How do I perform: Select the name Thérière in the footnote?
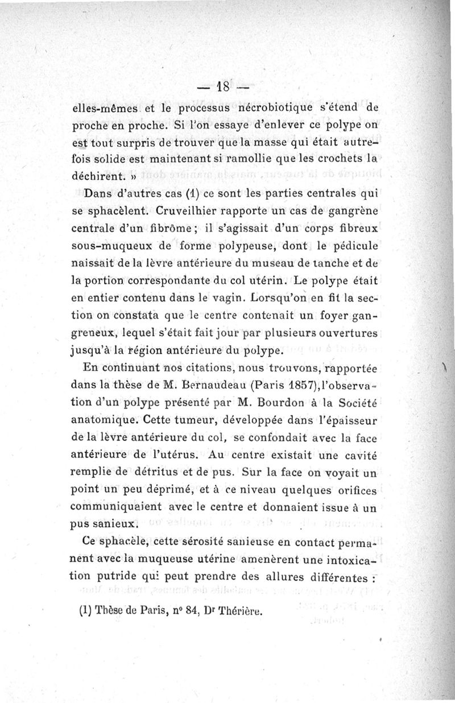239,611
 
